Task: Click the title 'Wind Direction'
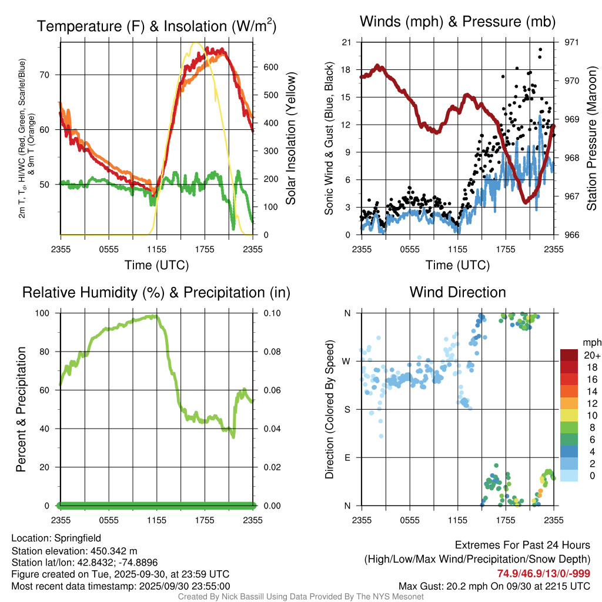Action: click(x=457, y=292)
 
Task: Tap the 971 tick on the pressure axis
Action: click(x=572, y=42)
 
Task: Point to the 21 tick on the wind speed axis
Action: click(x=346, y=42)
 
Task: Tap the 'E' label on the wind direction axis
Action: click(x=347, y=457)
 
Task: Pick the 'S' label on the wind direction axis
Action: click(x=347, y=409)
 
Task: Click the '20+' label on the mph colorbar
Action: click(x=591, y=356)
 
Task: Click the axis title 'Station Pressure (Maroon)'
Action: click(x=592, y=138)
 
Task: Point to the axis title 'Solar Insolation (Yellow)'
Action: click(x=290, y=138)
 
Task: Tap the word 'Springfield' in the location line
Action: click(x=78, y=538)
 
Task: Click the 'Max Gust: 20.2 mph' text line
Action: click(x=494, y=586)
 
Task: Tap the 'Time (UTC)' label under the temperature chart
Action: click(x=156, y=265)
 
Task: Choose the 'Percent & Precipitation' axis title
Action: click(x=21, y=409)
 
